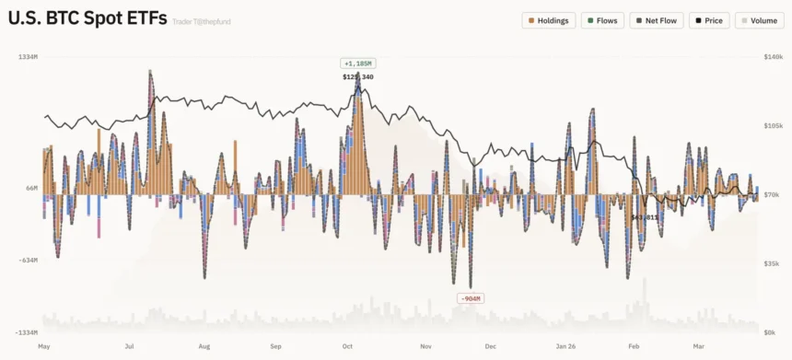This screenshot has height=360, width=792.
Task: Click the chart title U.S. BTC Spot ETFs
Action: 87,17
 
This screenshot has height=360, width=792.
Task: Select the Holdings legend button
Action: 548,20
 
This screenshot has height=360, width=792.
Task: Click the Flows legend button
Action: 602,20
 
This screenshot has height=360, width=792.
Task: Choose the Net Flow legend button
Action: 657,20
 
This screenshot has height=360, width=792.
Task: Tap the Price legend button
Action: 708,20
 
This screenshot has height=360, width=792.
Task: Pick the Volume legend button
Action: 760,20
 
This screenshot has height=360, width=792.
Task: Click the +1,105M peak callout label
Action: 357,64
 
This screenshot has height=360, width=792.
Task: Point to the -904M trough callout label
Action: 470,298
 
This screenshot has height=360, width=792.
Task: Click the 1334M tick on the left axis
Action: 28,57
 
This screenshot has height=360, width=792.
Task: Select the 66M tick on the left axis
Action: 30,188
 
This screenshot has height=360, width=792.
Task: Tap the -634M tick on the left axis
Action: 28,260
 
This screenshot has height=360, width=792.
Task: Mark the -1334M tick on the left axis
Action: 26,331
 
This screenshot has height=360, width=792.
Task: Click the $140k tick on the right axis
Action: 772,57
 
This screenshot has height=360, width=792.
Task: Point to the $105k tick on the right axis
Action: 772,125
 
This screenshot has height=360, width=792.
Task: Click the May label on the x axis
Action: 42,347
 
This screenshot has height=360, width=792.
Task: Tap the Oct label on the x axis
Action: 347,347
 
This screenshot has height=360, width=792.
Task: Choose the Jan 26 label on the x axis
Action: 565,347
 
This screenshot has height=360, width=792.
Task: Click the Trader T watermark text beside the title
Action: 202,21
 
